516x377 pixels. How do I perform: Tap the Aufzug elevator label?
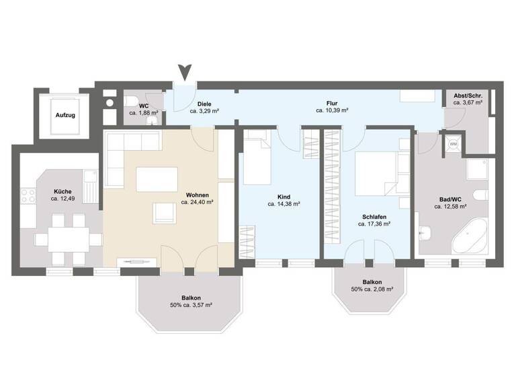pos(65,115)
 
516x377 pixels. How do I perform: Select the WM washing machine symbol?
pos(452,144)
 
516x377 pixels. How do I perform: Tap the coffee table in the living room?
pos(153,179)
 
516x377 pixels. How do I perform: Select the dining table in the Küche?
pos(67,237)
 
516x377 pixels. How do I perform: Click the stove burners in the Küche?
pos(28,197)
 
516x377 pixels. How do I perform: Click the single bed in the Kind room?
pos(256,160)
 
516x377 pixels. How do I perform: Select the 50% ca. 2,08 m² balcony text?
pos(372,289)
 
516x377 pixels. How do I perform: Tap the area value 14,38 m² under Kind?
pos(283,203)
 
